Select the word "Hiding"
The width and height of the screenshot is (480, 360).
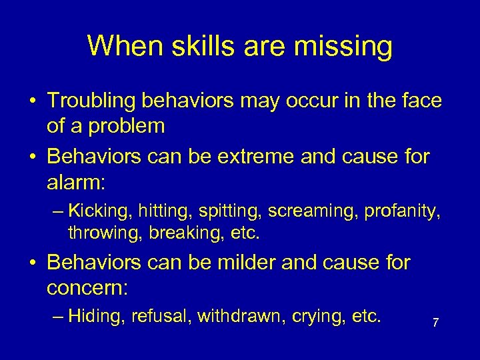(95, 315)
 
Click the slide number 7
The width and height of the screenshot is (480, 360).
(435, 323)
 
